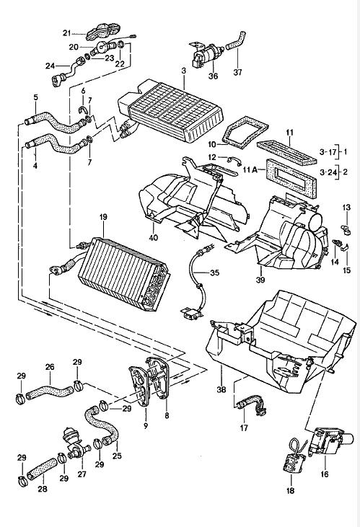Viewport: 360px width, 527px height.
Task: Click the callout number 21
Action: pyautogui.click(x=67, y=33)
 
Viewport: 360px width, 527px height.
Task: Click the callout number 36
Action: pyautogui.click(x=213, y=76)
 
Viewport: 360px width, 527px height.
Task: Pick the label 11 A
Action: pyautogui.click(x=250, y=170)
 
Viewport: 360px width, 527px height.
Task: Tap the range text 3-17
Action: pyautogui.click(x=328, y=152)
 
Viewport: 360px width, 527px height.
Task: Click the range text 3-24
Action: pyautogui.click(x=328, y=173)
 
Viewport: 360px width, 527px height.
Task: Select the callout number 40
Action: pyautogui.click(x=153, y=237)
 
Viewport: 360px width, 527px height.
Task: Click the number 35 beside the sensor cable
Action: pyautogui.click(x=214, y=273)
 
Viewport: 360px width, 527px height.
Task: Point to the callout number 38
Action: pyautogui.click(x=221, y=389)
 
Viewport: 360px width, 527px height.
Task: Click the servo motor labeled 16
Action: pyautogui.click(x=331, y=443)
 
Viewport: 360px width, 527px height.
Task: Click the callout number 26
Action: pyautogui.click(x=50, y=367)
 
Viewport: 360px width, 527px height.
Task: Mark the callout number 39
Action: pyautogui.click(x=260, y=279)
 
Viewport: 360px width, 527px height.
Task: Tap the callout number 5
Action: pyautogui.click(x=35, y=97)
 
